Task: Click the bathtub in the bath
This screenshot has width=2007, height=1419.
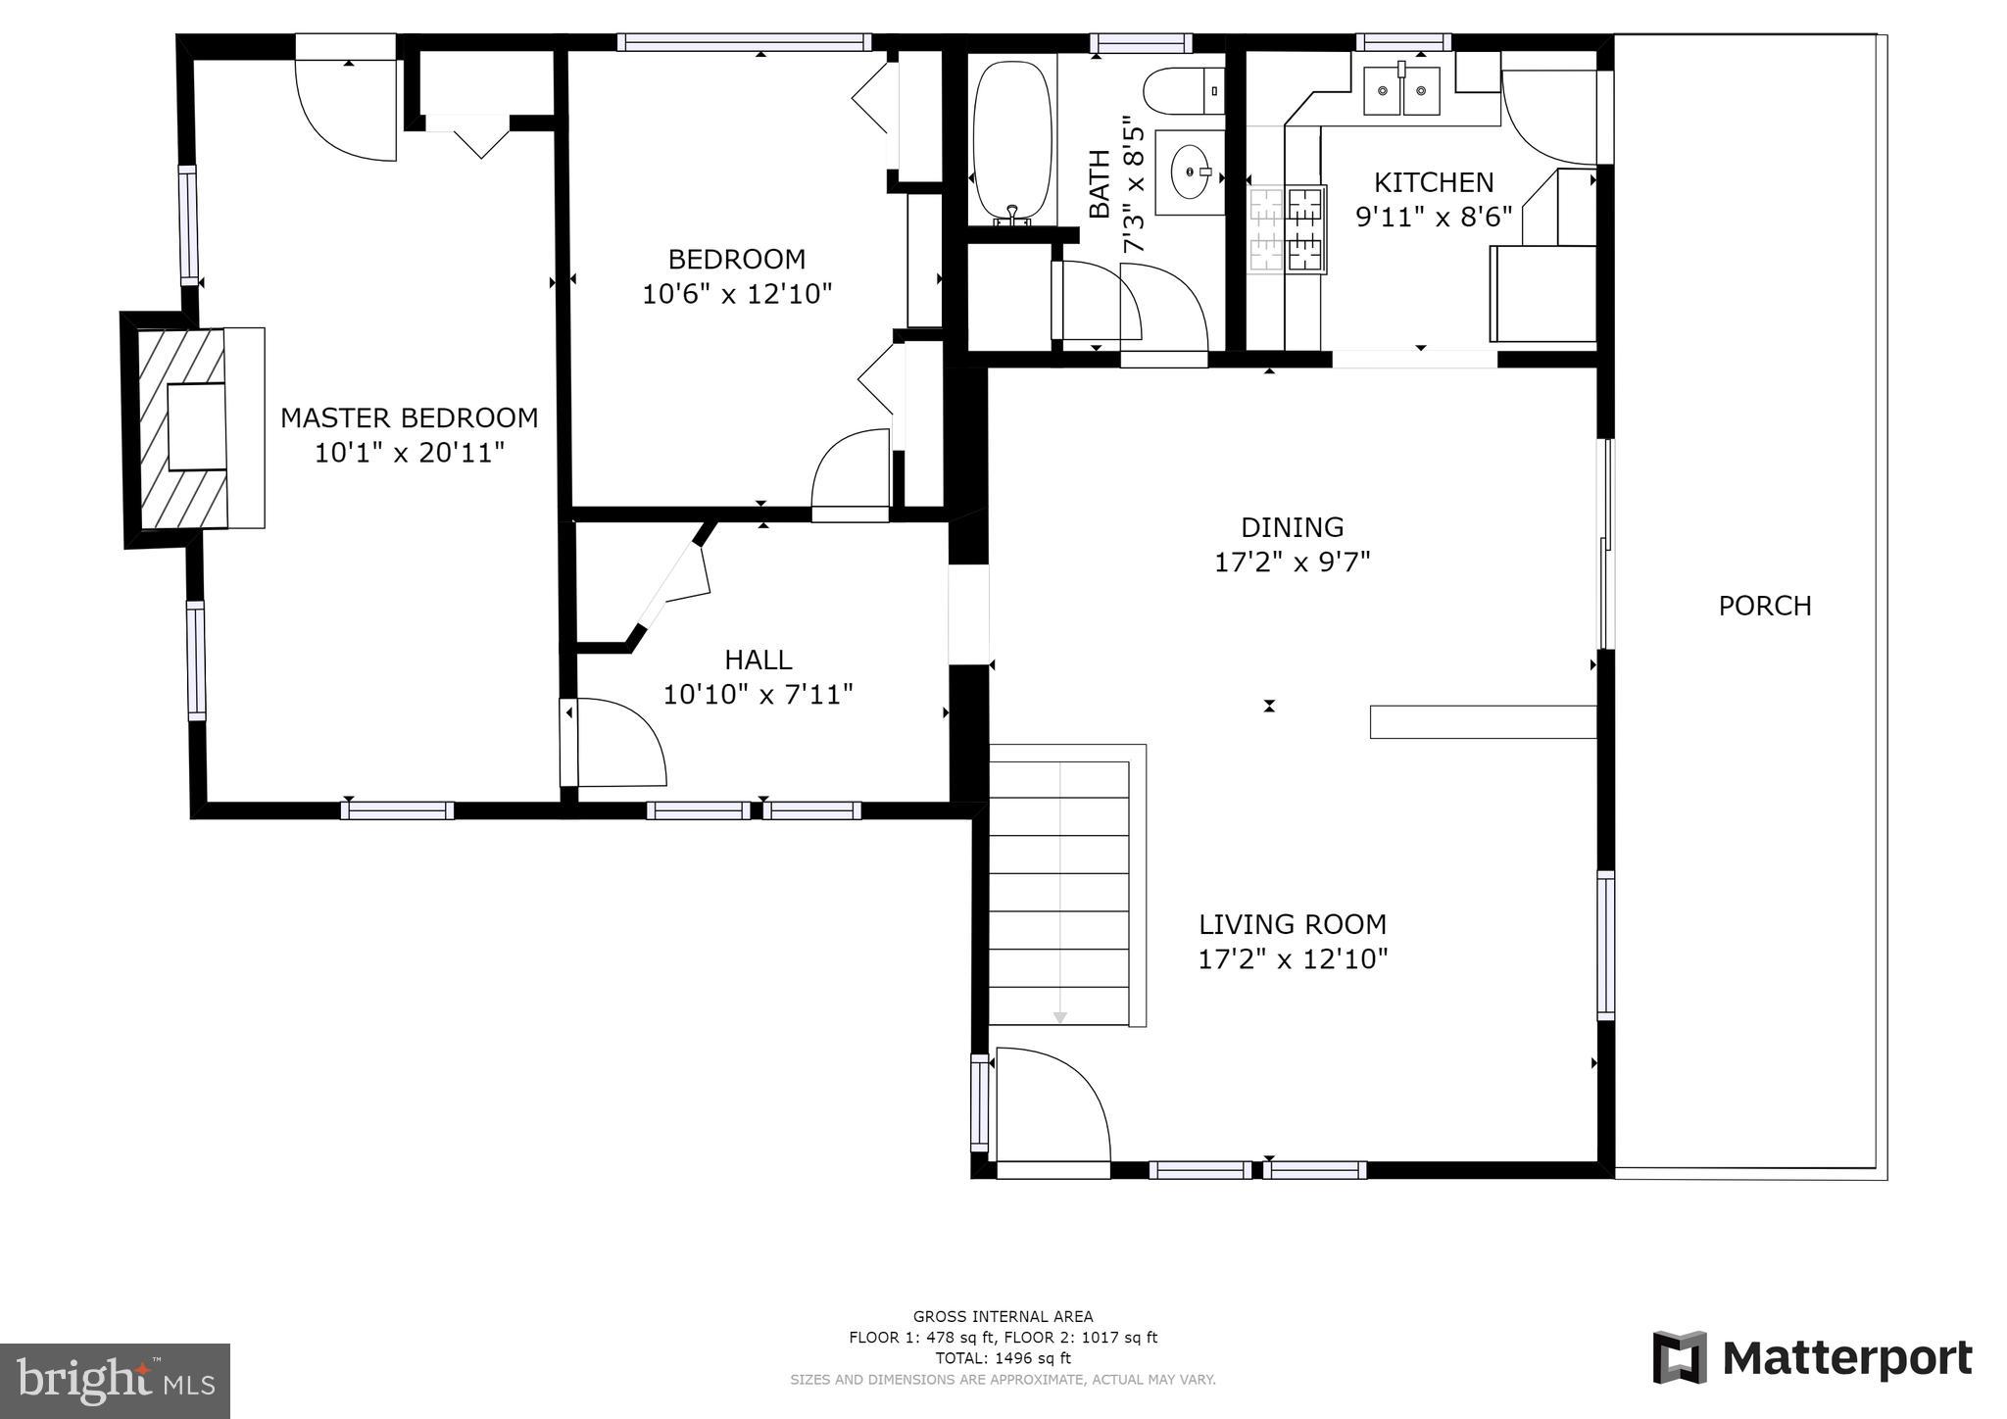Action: (1012, 141)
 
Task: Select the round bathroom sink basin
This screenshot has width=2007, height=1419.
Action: (1191, 172)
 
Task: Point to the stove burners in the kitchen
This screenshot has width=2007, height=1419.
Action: (1286, 230)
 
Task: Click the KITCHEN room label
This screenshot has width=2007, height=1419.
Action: (1434, 182)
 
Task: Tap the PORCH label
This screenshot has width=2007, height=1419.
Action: (1765, 606)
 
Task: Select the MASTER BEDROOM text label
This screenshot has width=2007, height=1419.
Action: (410, 417)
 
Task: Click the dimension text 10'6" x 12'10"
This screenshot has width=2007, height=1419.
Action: (737, 293)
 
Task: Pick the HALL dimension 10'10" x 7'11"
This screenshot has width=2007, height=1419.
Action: (759, 694)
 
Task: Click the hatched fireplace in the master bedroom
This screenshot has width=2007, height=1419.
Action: (182, 427)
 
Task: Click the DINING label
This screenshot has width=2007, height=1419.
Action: (1292, 527)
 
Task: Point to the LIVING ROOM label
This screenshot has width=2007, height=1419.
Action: (1293, 924)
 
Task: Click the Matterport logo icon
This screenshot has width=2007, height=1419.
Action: (1680, 1357)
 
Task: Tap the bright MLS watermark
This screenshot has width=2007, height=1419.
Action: (116, 1381)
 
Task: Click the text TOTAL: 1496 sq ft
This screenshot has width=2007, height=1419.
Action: (1003, 1358)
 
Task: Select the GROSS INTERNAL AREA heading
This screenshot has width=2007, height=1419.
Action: (1003, 1317)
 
